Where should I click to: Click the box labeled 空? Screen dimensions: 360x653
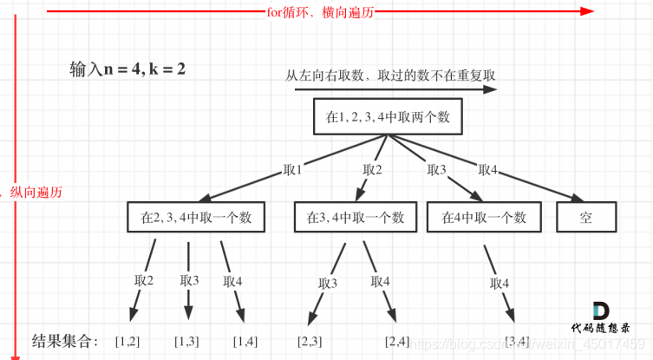coord(585,217)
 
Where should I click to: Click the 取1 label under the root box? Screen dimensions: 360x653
coord(292,170)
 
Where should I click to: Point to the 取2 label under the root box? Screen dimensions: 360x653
coord(373,170)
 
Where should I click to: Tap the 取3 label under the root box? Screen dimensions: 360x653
coord(436,170)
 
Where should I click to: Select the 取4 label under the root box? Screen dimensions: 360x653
coord(488,170)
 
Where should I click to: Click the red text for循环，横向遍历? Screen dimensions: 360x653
coord(323,12)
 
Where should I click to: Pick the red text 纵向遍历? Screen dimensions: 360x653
coord(36,192)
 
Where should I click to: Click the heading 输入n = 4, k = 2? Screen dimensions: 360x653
coord(127,68)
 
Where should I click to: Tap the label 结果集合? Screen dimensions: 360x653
coord(65,340)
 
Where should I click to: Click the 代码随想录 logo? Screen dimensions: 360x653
coord(600,318)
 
